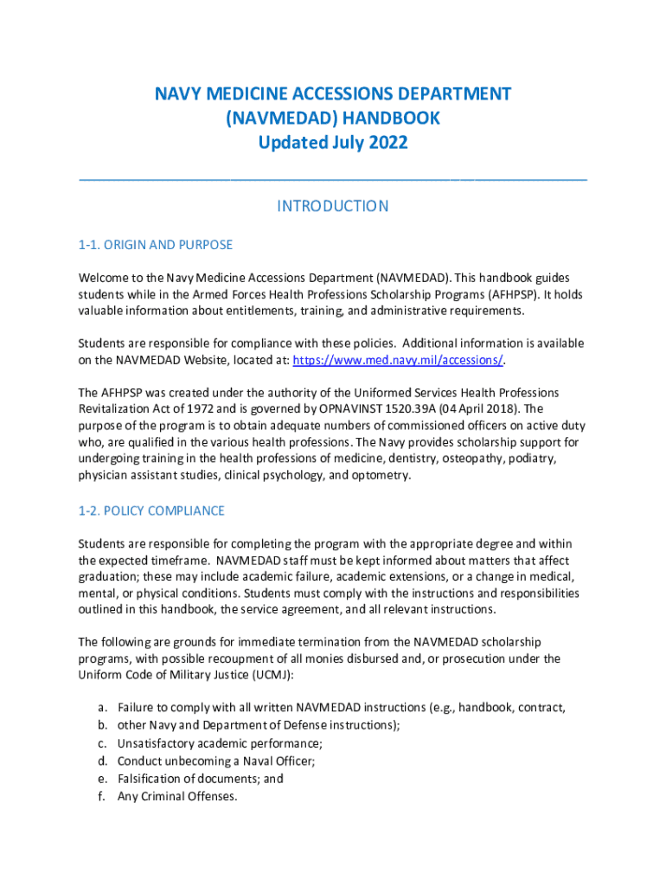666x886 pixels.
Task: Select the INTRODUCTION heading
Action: coord(332,206)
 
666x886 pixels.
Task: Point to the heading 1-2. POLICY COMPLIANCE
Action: coord(151,510)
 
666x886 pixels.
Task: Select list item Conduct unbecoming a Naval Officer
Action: coord(216,761)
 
